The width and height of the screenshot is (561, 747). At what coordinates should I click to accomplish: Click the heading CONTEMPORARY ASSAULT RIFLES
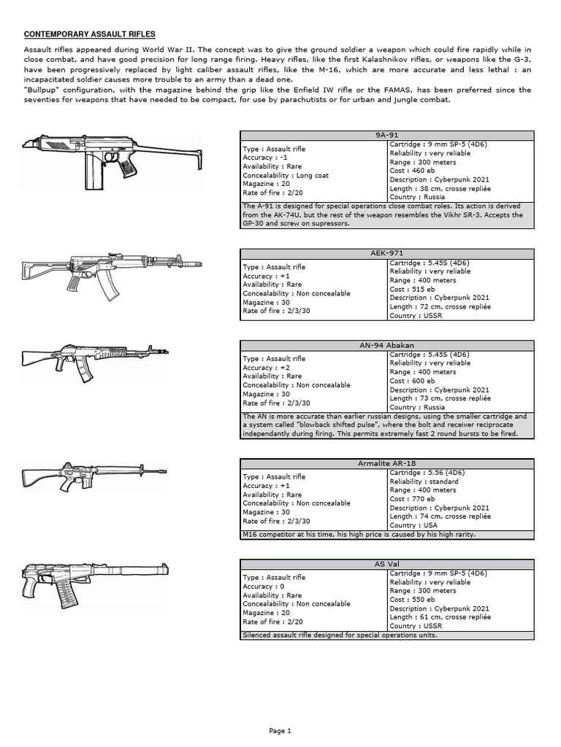pyautogui.click(x=90, y=34)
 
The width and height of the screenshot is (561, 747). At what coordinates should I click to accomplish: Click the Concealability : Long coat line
pyautogui.click(x=286, y=175)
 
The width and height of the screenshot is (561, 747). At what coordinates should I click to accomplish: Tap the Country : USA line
pyautogui.click(x=413, y=525)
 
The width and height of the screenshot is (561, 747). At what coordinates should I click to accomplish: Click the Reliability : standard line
pyautogui.click(x=424, y=481)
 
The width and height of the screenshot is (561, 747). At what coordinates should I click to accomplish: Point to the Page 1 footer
pyautogui.click(x=280, y=730)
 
